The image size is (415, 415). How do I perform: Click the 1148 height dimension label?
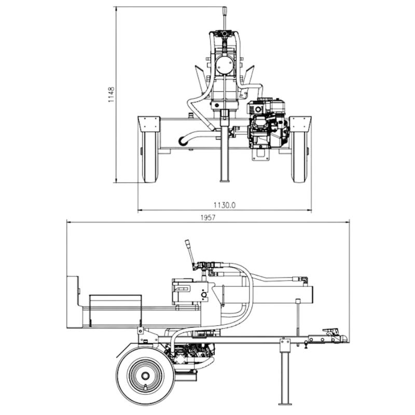pos(111,94)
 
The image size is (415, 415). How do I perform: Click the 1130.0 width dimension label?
pos(225,205)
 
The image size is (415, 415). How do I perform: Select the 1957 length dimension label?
pos(208,217)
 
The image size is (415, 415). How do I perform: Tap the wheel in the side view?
pos(145,375)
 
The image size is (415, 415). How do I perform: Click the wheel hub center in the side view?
pos(145,375)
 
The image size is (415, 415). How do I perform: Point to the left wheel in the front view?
pos(150,157)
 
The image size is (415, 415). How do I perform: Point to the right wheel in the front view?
pos(299,157)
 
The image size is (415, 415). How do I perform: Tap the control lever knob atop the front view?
pos(225,11)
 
